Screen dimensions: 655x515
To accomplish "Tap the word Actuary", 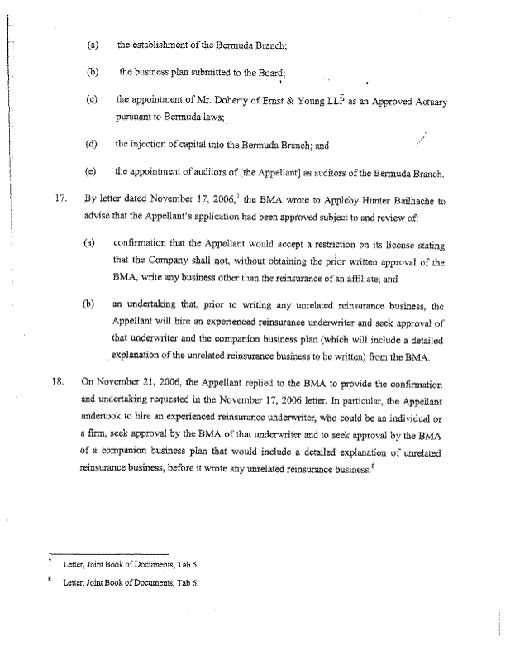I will pos(428,103).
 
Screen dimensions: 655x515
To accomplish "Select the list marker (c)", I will pos(92,100).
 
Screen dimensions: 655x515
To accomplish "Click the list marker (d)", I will pos(92,145).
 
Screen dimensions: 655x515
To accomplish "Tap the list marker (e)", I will pos(92,172).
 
